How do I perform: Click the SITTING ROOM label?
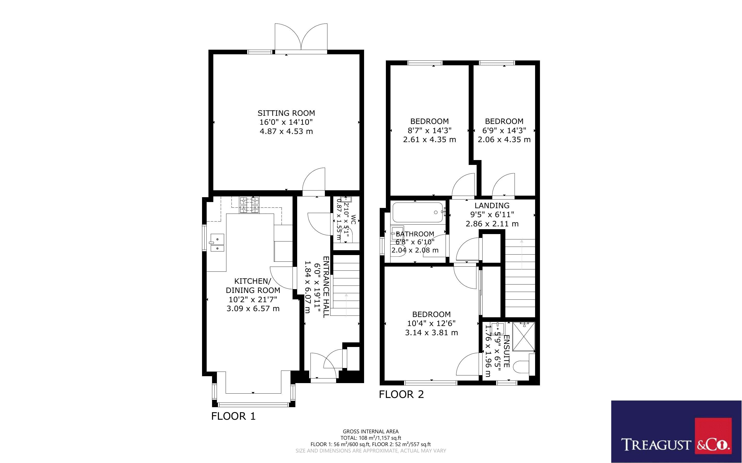tap(286, 113)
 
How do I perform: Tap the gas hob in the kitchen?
tap(249, 205)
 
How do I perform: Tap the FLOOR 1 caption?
tap(233, 416)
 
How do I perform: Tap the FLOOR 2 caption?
tap(401, 394)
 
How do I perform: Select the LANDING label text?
tap(492, 205)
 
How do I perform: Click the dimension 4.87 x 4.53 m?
tap(286, 131)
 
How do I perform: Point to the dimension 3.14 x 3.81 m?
tap(431, 333)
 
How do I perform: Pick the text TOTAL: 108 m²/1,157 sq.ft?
tap(370, 438)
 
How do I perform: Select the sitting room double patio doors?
tap(301, 38)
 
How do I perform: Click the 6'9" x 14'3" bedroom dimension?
tap(504, 130)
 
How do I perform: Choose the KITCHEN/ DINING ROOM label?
tap(253, 286)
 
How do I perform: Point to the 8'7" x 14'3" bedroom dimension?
tap(429, 130)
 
